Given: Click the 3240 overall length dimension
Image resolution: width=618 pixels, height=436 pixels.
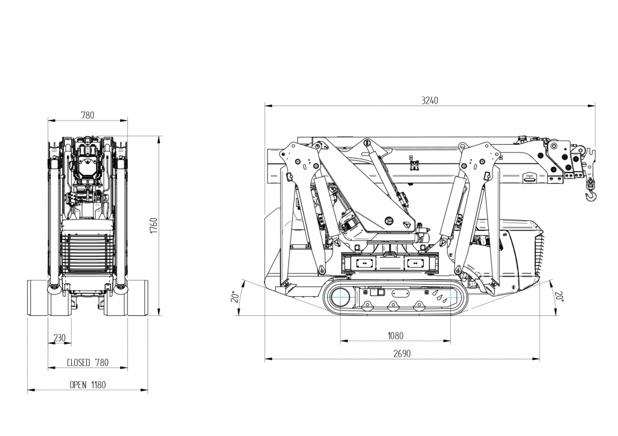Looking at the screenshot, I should point(430,101).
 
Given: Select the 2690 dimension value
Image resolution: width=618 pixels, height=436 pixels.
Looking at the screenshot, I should point(401,354).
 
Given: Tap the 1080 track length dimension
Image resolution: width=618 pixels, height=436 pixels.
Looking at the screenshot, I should point(395,336).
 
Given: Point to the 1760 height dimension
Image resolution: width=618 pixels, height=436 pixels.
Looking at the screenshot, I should point(153,226).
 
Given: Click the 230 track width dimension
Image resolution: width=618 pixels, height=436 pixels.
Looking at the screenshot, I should point(59,338).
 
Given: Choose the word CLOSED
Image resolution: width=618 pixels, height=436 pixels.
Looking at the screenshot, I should point(78,362).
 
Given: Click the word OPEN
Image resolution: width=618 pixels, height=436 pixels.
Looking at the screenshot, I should point(78,385).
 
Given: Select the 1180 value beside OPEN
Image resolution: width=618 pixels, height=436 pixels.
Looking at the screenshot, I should point(98,385).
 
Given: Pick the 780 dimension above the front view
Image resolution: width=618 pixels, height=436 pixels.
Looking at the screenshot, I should point(88,115).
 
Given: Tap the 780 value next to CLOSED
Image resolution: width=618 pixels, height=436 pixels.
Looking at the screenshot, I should point(101,362).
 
